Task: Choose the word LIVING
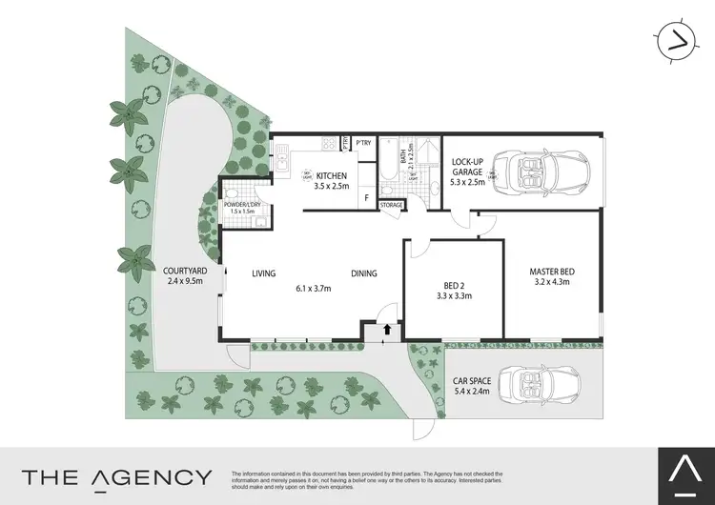pyautogui.click(x=264, y=273)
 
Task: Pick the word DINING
pyautogui.click(x=362, y=273)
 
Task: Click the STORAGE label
pyautogui.click(x=392, y=204)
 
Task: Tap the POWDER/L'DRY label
pyautogui.click(x=243, y=204)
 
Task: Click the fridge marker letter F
pyautogui.click(x=367, y=198)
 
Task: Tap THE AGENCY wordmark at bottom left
pyautogui.click(x=117, y=476)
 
